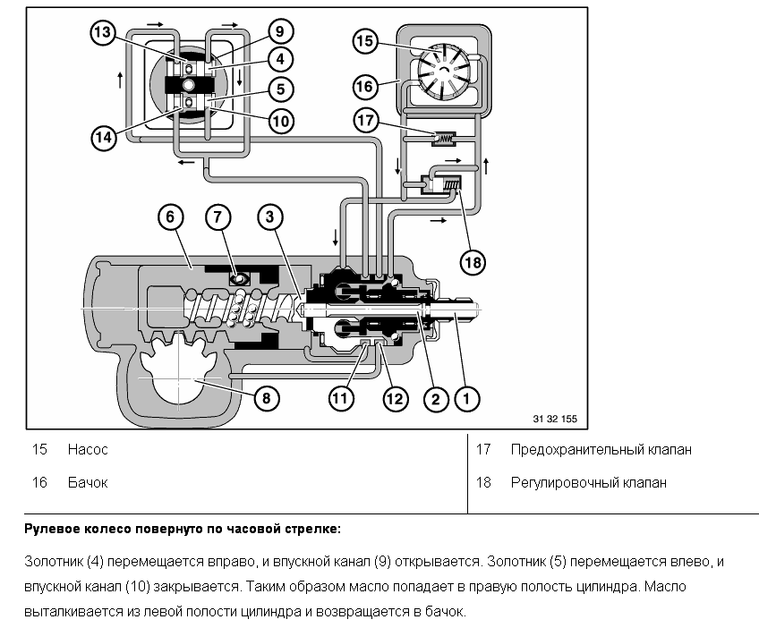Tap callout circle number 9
coord(279,32)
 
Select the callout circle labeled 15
coord(364,41)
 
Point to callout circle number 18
coord(473,261)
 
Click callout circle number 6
coord(170,216)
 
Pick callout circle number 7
coord(218,216)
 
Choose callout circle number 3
coord(270,216)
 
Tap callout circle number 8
coord(266,396)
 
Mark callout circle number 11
coord(337,398)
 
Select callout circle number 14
coord(104,137)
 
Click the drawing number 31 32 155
coord(554,419)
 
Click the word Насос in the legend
coord(87,450)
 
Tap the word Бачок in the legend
coord(87,483)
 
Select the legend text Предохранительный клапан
coord(601,450)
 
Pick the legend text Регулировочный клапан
coord(588,483)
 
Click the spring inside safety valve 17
coord(444,139)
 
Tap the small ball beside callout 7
coord(239,280)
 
